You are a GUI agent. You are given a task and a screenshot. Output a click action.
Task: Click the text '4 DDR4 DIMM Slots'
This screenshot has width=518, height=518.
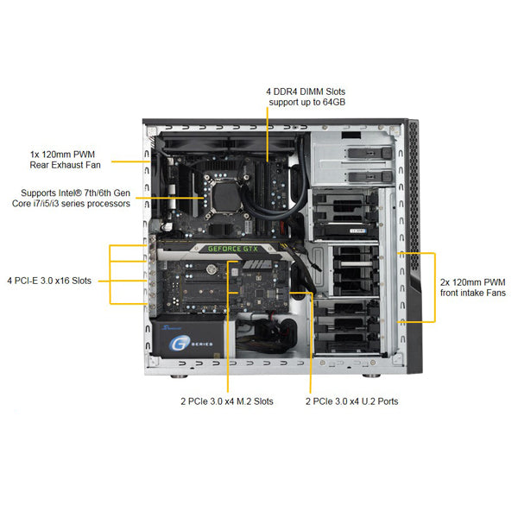(x=306, y=92)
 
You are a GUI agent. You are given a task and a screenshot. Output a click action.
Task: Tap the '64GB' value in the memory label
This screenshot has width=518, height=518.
(x=333, y=102)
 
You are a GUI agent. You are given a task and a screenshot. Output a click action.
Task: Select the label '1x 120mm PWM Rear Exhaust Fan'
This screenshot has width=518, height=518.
(x=65, y=160)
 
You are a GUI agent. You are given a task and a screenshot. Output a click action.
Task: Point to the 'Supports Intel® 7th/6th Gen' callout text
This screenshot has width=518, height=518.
(x=76, y=193)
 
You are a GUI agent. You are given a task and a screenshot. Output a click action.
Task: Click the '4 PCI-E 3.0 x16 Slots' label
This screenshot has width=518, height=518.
(x=49, y=281)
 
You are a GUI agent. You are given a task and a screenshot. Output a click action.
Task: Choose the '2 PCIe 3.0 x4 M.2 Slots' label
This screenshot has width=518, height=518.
(x=227, y=401)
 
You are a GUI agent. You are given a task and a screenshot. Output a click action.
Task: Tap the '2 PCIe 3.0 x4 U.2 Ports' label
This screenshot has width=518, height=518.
(x=352, y=401)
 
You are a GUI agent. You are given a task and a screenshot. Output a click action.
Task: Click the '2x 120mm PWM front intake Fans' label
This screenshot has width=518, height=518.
(x=473, y=287)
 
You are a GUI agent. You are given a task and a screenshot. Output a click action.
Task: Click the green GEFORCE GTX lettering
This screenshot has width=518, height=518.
(x=233, y=249)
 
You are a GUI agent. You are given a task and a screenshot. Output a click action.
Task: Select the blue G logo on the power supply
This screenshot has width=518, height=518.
(x=180, y=344)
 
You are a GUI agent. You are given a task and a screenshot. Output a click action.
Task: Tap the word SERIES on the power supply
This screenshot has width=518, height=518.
(x=202, y=344)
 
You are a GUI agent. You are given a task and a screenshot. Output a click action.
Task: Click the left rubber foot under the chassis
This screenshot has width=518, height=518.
(x=179, y=376)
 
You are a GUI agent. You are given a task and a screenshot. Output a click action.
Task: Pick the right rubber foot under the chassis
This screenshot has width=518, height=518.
(x=371, y=376)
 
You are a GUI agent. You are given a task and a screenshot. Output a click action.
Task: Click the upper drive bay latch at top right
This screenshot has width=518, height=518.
(x=370, y=153)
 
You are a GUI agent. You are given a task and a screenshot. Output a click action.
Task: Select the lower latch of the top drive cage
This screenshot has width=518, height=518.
(x=370, y=177)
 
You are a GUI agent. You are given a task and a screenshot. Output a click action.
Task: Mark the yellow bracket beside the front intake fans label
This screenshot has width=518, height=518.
(x=435, y=287)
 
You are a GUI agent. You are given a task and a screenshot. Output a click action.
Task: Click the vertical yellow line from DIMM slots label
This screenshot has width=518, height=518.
(x=268, y=135)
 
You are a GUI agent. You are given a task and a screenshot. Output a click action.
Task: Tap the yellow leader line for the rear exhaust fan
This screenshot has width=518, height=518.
(x=131, y=161)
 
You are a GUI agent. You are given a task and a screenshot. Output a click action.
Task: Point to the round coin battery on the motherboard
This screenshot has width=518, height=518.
(x=211, y=269)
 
